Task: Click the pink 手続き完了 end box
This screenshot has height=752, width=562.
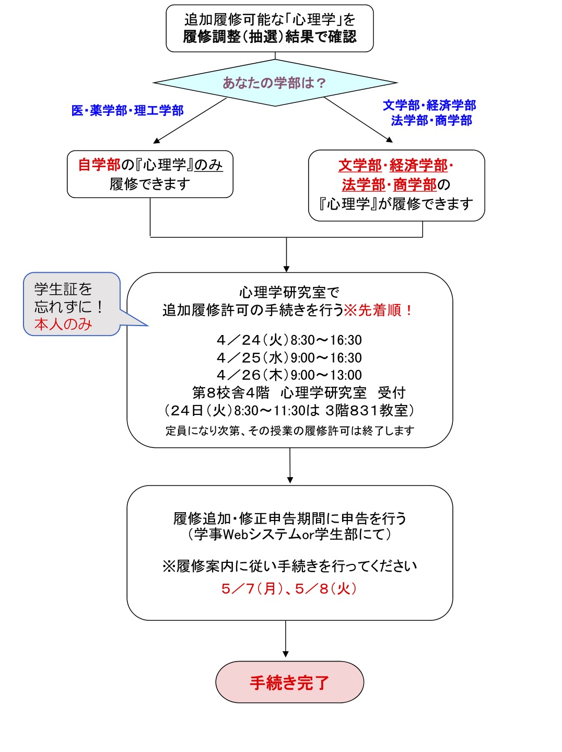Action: [289, 682]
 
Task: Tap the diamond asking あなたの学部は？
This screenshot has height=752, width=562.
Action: [275, 83]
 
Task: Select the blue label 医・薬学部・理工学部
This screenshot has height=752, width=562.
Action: [127, 111]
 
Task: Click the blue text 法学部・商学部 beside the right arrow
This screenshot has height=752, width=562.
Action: [431, 121]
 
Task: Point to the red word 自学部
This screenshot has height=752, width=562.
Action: [99, 165]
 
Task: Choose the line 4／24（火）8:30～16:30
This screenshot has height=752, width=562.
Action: [289, 340]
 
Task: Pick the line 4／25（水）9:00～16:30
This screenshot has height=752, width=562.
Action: [289, 358]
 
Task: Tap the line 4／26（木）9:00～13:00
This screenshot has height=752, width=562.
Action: [289, 375]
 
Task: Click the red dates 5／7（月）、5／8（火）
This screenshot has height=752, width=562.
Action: [289, 589]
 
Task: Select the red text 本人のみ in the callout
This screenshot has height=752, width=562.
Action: [63, 325]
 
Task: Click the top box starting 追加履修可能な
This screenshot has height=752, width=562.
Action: [270, 28]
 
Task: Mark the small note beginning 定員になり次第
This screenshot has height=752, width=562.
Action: [289, 431]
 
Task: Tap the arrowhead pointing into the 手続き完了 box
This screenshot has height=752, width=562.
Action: [286, 654]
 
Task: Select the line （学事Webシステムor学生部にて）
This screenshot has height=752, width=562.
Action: [289, 534]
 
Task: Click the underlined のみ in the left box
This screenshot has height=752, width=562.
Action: [208, 165]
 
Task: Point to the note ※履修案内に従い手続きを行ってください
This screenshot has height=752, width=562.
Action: [289, 566]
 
